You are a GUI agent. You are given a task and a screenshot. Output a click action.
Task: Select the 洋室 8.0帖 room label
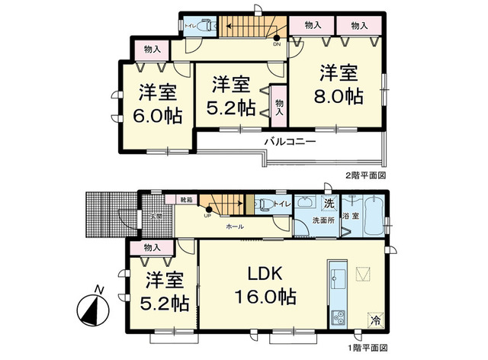coord(339,86)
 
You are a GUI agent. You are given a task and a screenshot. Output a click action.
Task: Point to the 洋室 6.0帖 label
coord(159,105)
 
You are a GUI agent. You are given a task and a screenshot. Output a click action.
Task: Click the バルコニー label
coord(290,142)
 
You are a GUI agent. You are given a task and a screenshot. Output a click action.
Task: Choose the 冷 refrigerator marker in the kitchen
coord(375,321)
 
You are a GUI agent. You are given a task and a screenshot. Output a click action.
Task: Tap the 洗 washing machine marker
coord(329,203)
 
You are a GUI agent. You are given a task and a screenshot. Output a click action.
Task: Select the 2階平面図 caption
coord(368,175)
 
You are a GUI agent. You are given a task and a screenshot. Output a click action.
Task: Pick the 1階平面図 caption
coord(368,346)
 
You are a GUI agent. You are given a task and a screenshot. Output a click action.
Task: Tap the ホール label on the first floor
coord(234,227)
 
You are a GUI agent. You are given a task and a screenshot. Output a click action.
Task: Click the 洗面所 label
coord(323,221)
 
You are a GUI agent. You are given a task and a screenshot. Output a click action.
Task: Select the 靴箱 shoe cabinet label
coord(185,200)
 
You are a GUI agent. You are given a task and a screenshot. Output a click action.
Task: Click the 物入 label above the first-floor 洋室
coord(152,248)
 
